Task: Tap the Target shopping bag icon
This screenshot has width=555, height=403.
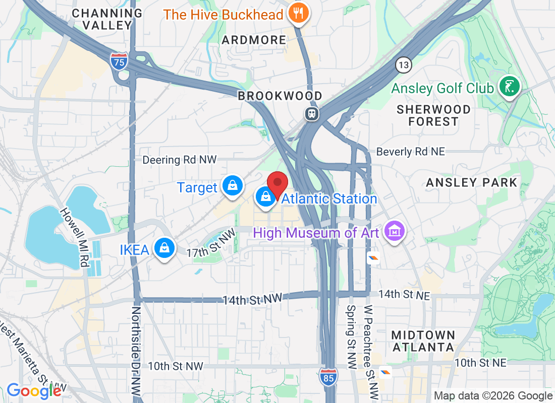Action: click(x=233, y=186)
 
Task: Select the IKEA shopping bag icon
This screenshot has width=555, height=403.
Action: click(x=164, y=248)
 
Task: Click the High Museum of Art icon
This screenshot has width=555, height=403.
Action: click(x=395, y=231)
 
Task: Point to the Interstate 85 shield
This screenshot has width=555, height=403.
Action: click(x=328, y=377)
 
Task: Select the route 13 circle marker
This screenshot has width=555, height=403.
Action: click(x=404, y=64)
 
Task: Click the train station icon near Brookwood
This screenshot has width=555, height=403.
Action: click(x=312, y=113)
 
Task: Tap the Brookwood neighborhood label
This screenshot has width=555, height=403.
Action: click(x=280, y=96)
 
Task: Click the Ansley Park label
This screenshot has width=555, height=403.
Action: click(x=472, y=182)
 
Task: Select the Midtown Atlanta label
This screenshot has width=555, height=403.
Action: click(x=423, y=341)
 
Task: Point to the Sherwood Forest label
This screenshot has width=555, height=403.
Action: click(x=434, y=115)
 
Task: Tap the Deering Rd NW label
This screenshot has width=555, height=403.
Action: click(x=179, y=160)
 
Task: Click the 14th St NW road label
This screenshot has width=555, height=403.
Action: click(x=252, y=299)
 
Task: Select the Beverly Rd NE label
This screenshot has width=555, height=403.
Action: click(x=411, y=151)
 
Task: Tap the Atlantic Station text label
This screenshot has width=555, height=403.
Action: click(x=329, y=198)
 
